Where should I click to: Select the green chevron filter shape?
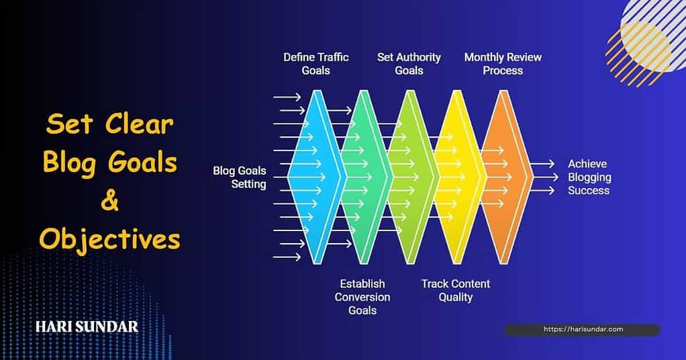[362, 177]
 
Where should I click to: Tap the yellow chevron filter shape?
[459, 177]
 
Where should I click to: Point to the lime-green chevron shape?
[411, 177]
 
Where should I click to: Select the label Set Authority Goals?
[409, 64]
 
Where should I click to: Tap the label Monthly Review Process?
[503, 64]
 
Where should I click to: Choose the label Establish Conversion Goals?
[362, 297]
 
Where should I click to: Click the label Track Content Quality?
[456, 290]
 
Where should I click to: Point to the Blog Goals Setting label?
[240, 177]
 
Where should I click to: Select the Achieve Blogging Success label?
[589, 177]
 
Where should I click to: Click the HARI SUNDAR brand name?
[87, 327]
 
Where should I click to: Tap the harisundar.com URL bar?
[582, 329]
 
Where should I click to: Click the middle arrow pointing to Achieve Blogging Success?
[542, 177]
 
